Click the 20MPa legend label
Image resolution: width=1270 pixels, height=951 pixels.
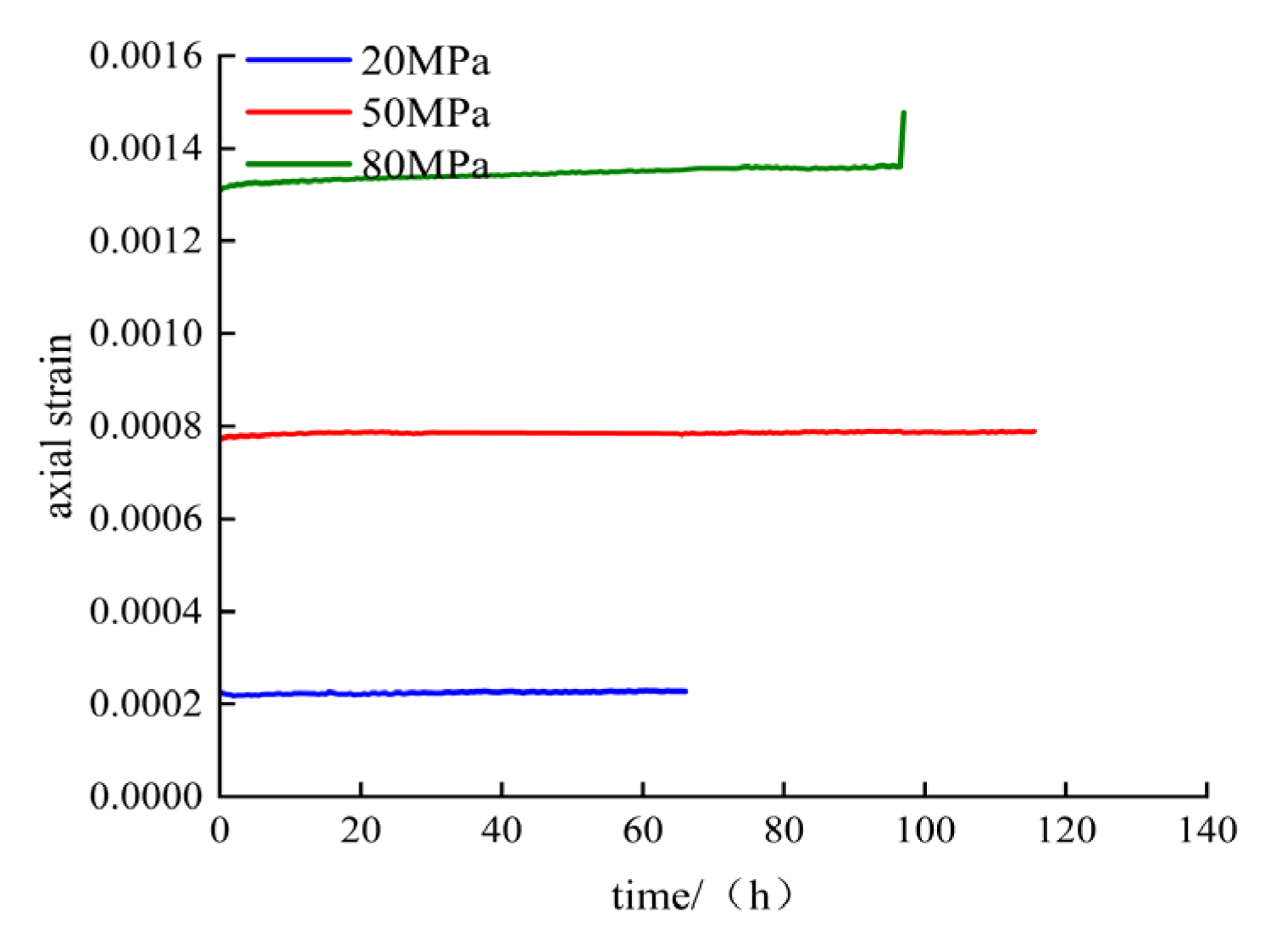(x=425, y=62)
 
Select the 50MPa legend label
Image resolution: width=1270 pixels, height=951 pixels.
(x=425, y=114)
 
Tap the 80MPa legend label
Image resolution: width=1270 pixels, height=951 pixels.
(x=425, y=164)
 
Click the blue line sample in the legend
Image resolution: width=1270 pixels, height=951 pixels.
(x=298, y=59)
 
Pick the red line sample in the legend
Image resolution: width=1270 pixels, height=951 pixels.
(x=298, y=111)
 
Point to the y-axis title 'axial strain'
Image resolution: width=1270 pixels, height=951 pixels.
(x=58, y=425)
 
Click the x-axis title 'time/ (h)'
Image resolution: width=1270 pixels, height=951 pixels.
(x=702, y=895)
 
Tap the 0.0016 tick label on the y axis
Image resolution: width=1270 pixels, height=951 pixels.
(x=146, y=56)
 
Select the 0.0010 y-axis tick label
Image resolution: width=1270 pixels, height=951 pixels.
(x=146, y=333)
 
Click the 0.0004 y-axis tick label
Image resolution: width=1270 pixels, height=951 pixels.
(x=146, y=610)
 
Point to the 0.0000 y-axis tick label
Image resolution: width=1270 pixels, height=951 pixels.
(x=146, y=796)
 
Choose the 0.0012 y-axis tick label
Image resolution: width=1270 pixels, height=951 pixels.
(x=146, y=241)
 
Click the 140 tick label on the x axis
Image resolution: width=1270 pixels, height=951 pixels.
(x=1207, y=831)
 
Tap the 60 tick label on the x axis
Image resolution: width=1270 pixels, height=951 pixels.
(x=643, y=831)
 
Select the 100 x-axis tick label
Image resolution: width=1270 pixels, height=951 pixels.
(x=925, y=831)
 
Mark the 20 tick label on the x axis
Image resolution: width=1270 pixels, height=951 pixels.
(x=361, y=831)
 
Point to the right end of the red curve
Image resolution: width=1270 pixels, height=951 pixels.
(x=1034, y=431)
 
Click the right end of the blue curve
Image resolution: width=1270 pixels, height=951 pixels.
(x=685, y=691)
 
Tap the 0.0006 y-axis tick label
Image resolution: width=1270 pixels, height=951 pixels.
(x=146, y=518)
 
